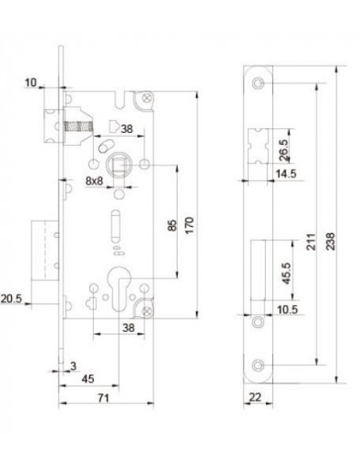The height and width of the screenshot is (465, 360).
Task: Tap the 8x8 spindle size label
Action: [94, 181]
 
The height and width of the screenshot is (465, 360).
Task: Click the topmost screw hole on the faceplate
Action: [257, 84]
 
